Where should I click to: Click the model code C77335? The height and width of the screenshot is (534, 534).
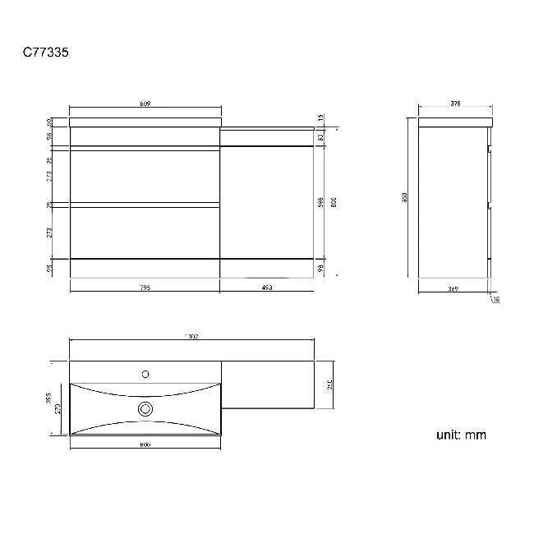(45, 53)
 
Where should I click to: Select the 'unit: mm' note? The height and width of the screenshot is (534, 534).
(461, 435)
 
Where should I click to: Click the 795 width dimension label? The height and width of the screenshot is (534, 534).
(145, 288)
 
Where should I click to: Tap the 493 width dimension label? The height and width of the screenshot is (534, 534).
(266, 288)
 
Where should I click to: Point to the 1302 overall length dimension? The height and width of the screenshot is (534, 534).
(192, 336)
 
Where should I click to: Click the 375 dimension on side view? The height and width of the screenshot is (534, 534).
(455, 104)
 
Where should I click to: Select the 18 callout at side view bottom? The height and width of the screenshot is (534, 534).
(496, 300)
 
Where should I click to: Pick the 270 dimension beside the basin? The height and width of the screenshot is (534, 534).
(59, 407)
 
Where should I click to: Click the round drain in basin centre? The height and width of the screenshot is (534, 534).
(145, 408)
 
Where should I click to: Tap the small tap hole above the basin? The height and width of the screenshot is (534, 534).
(145, 374)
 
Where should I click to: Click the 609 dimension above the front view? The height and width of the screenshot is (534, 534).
(145, 104)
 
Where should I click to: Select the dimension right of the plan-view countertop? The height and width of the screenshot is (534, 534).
(329, 384)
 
